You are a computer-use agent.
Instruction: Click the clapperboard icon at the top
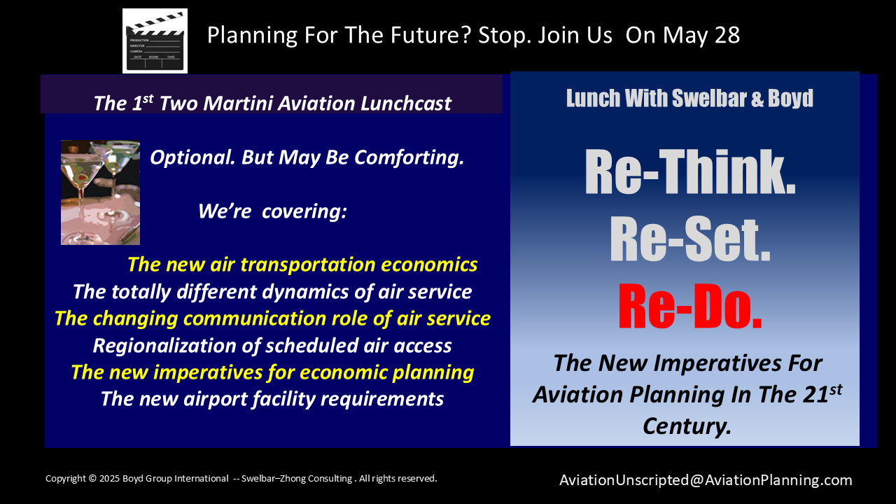click(155, 41)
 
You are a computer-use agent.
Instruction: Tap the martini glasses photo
click(100, 192)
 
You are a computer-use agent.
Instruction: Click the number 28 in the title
click(727, 35)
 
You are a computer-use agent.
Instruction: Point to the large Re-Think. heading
click(690, 172)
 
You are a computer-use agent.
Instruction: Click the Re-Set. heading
click(690, 239)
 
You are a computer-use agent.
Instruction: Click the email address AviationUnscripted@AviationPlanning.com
click(706, 480)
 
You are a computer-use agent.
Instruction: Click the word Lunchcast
click(405, 104)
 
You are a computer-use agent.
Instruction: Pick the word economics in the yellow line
click(429, 265)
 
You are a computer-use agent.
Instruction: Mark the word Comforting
click(409, 158)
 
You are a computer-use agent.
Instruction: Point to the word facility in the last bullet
click(284, 399)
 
